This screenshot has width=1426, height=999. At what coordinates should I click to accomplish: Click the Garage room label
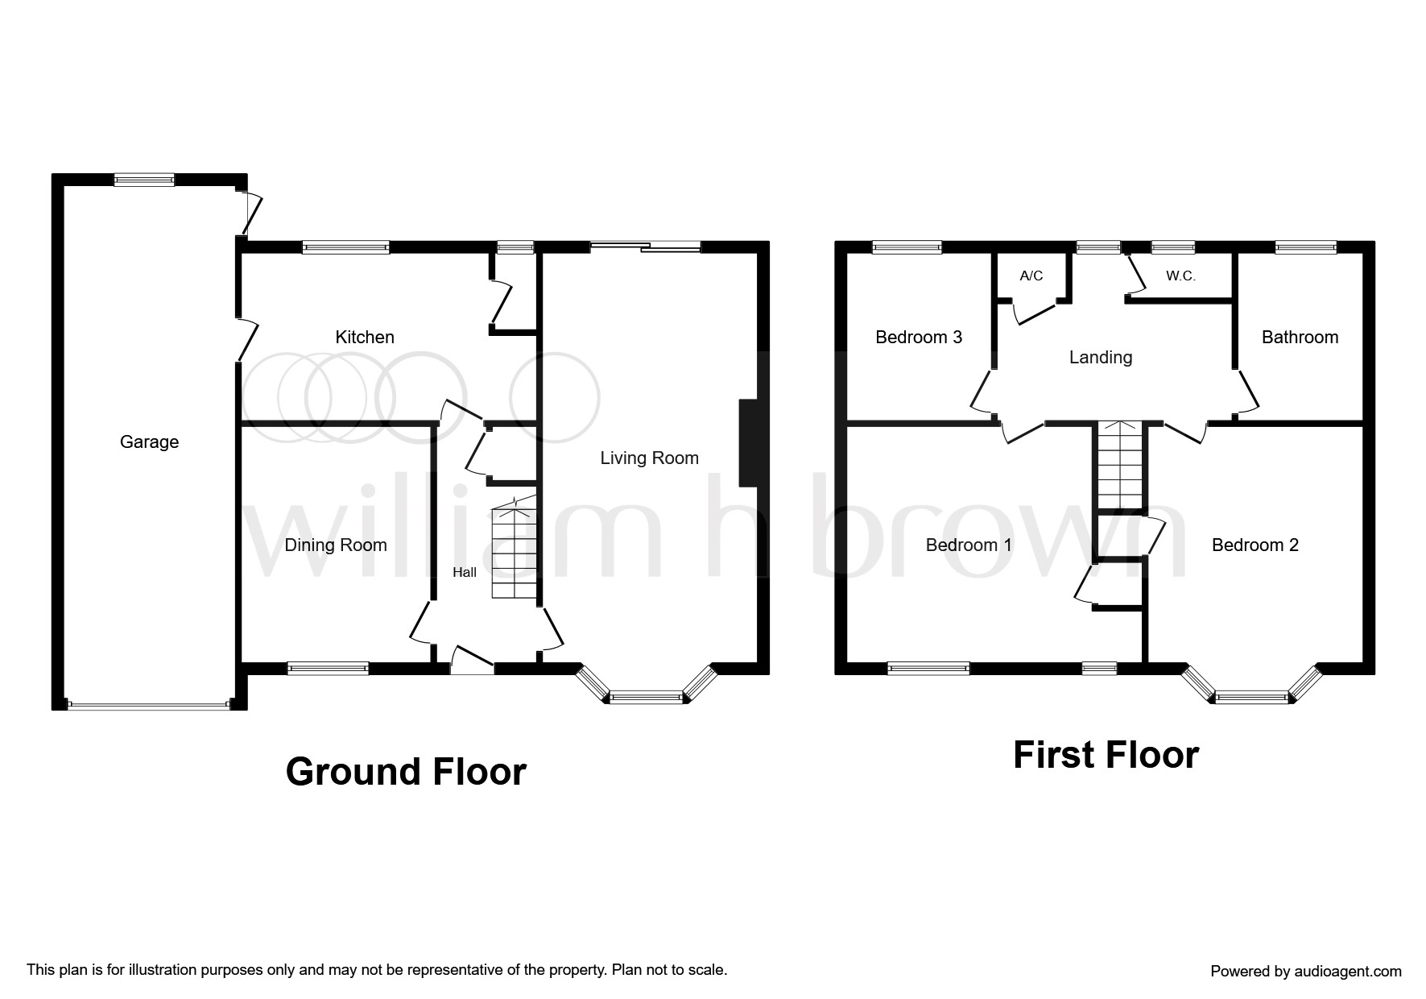click(149, 441)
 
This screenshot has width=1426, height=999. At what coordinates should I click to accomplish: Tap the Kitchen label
click(365, 337)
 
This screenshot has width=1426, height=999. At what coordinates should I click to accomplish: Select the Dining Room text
click(336, 545)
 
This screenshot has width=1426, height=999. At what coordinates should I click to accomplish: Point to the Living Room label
click(649, 458)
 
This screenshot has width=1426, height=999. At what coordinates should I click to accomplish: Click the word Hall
click(465, 573)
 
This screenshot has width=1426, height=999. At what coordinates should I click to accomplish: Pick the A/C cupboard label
click(1031, 276)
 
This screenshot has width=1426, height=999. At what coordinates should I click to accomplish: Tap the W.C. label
click(1180, 276)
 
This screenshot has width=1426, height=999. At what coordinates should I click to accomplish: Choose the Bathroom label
click(1300, 338)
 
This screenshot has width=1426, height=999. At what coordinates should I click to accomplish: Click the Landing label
click(1101, 358)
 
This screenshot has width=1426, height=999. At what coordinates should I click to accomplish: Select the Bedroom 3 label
click(919, 337)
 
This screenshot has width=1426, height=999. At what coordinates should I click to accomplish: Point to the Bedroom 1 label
click(969, 545)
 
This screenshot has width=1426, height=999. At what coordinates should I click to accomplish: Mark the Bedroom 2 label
click(1255, 545)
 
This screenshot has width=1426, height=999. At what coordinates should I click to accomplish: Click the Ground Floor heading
click(406, 772)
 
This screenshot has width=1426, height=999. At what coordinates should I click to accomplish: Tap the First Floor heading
click(1106, 755)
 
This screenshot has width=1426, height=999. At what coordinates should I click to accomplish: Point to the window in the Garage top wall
click(144, 180)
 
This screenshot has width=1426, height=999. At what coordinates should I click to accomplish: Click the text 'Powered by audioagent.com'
click(1306, 972)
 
